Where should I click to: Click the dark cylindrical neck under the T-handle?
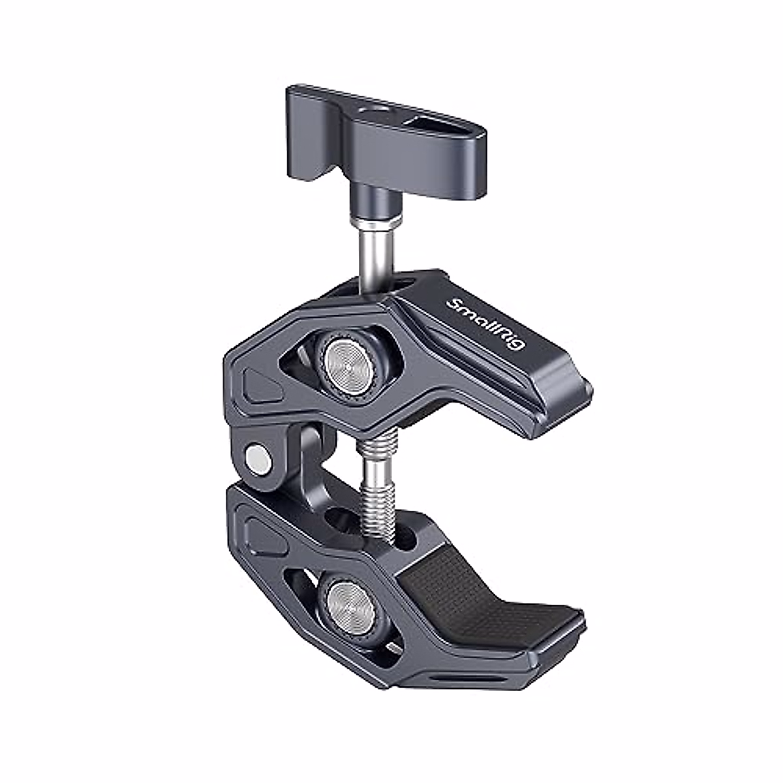(x=369, y=196)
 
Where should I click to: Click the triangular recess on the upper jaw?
(x=261, y=385)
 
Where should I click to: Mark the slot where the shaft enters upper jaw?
(x=385, y=284)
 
